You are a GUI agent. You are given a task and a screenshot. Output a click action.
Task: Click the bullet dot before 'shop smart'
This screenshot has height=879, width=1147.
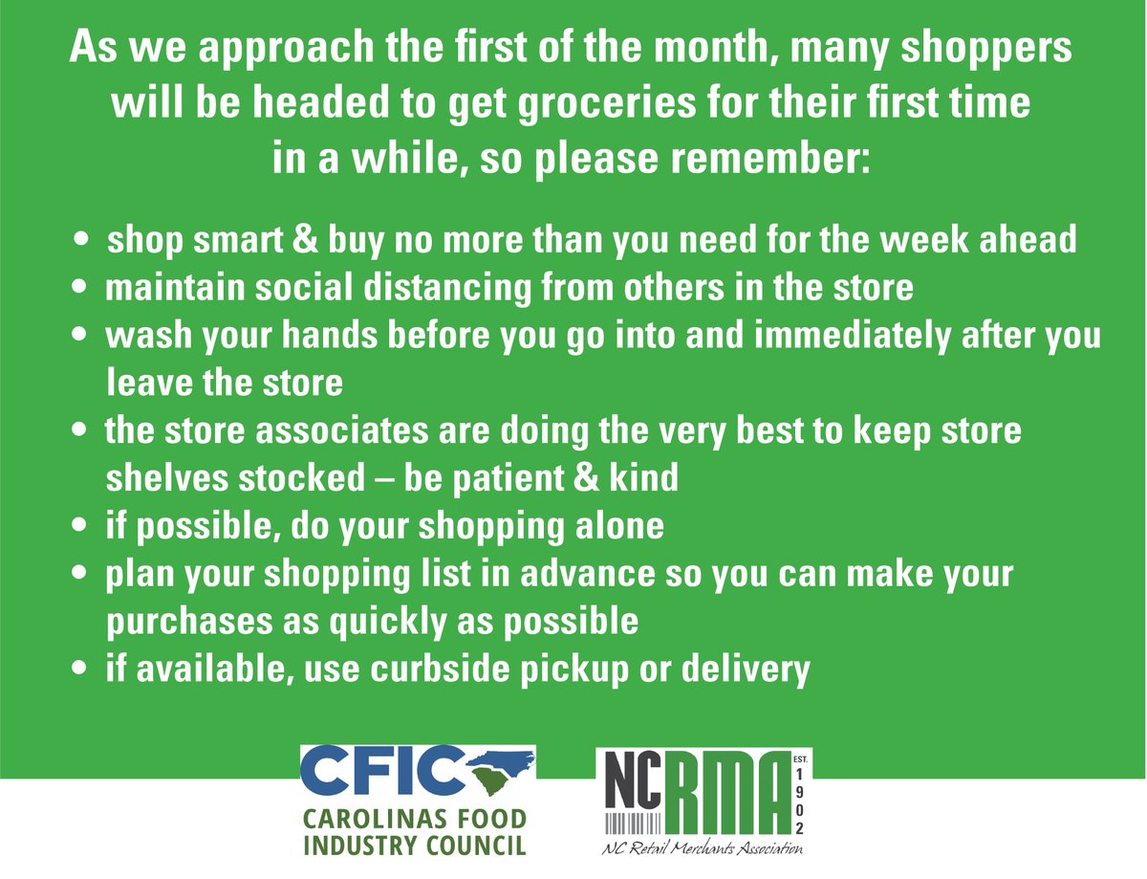pyautogui.click(x=84, y=238)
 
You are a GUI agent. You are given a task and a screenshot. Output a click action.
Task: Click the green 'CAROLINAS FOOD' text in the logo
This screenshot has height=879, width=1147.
pyautogui.click(x=413, y=820)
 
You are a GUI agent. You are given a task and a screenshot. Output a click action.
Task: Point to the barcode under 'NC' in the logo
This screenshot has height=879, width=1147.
pyautogui.click(x=629, y=824)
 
